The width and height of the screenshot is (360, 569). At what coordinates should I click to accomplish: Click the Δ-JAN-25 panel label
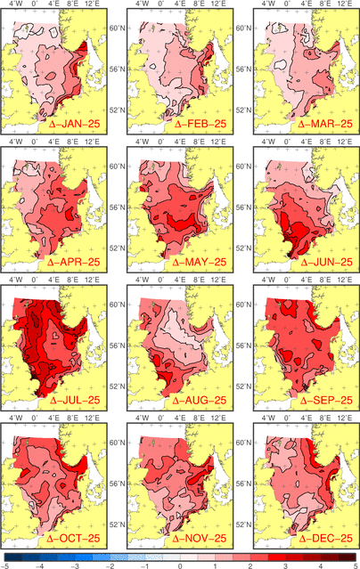pyautogui.click(x=74, y=124)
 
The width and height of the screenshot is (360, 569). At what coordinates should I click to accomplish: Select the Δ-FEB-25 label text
pyautogui.click(x=200, y=124)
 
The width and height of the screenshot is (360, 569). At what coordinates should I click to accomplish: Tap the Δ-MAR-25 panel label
pyautogui.click(x=325, y=124)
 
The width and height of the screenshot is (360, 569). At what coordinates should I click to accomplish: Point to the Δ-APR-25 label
pyautogui.click(x=74, y=262)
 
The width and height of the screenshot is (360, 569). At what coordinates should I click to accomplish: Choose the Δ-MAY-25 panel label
pyautogui.click(x=200, y=262)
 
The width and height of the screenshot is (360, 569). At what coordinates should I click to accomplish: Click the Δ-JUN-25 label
pyautogui.click(x=326, y=262)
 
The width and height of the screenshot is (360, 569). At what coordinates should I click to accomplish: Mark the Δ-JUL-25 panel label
pyautogui.click(x=75, y=401)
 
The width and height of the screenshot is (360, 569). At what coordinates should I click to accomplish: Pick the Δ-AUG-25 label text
pyautogui.click(x=200, y=401)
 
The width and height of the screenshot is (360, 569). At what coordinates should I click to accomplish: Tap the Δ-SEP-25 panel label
pyautogui.click(x=326, y=401)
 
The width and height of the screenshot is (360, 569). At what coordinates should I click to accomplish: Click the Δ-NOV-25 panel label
pyautogui.click(x=200, y=539)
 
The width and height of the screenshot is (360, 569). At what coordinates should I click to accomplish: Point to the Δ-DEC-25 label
pyautogui.click(x=326, y=539)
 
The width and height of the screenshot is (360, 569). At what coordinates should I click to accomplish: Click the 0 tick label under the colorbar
pyautogui.click(x=180, y=566)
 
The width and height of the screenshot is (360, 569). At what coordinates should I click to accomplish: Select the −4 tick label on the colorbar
pyautogui.click(x=39, y=566)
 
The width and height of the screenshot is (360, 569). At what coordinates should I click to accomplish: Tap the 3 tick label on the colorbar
pyautogui.click(x=285, y=566)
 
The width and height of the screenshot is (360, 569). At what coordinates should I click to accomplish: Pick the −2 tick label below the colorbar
pyautogui.click(x=110, y=566)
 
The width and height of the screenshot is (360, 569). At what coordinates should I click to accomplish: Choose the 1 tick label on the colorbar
pyautogui.click(x=216, y=566)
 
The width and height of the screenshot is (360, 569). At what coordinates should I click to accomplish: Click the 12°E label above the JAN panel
pyautogui.click(x=92, y=4)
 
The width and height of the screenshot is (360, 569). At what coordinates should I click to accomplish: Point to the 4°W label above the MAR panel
pyautogui.click(x=268, y=4)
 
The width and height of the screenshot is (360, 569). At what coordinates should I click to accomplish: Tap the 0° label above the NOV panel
pyautogui.click(x=161, y=418)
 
